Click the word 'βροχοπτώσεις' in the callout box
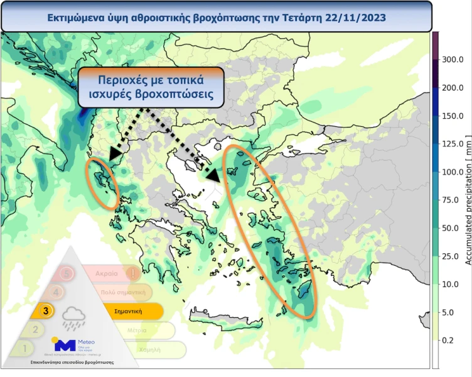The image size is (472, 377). coord(177,96)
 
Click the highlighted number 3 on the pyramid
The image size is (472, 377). coord(45,310)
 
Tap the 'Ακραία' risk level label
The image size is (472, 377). coord(107,274)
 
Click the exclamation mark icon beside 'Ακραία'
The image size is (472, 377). coord(133,274)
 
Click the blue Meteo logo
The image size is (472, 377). coord(65,344)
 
